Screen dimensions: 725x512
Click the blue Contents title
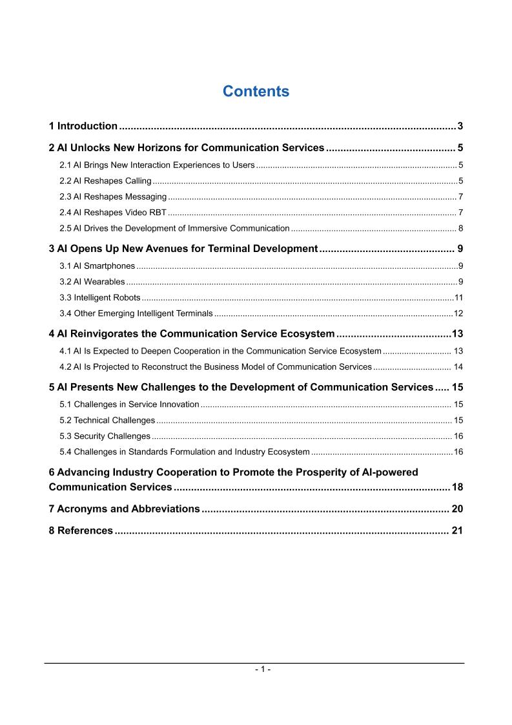click(256, 92)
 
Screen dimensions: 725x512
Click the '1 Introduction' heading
click(83, 126)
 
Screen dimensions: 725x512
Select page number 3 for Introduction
click(460, 126)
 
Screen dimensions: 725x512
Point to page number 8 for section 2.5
click(460, 228)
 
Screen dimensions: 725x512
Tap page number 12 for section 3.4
click(458, 313)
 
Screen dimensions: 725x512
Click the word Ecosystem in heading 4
click(305, 334)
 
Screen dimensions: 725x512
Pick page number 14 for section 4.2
click(458, 367)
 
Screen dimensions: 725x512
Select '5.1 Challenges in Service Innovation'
click(129, 405)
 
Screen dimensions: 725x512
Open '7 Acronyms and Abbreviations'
click(124, 509)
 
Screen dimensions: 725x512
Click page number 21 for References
click(457, 531)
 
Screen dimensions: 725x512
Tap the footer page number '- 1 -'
click(261, 670)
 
